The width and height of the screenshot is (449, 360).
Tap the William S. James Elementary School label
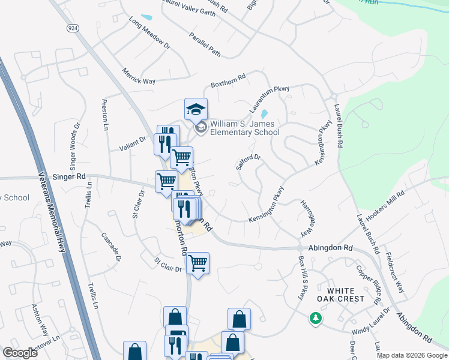point(245,128)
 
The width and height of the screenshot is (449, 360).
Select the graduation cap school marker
point(196,110)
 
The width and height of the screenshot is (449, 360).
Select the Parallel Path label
point(205,44)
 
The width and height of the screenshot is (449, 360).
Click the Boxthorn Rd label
point(228,81)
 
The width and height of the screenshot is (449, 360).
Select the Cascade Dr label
point(111,247)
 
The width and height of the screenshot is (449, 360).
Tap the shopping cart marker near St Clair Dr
point(197,263)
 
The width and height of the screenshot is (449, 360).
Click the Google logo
point(20,353)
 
